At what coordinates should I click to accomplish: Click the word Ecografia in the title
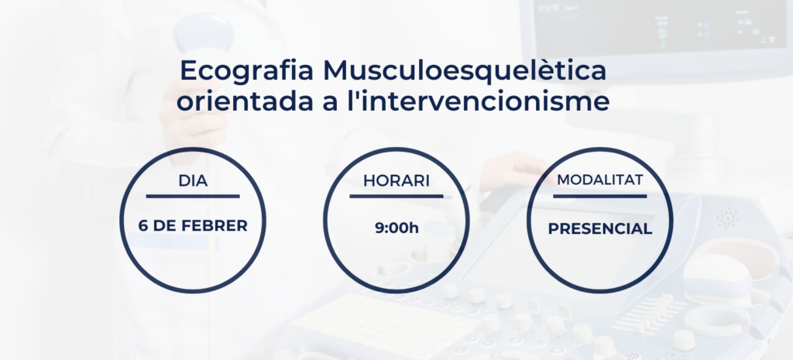[x=247, y=70]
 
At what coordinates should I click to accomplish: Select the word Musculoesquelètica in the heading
[x=465, y=70]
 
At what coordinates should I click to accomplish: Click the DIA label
[x=193, y=181]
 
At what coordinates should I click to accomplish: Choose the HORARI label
[x=396, y=181]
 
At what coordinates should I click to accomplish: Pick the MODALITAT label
[x=600, y=180]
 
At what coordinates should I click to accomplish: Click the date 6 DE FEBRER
[x=193, y=225]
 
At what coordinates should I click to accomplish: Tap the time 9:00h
[x=396, y=228]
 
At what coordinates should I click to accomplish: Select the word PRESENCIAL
[x=600, y=229]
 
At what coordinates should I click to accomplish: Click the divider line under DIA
[x=193, y=196]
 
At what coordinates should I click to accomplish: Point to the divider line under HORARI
[x=396, y=196]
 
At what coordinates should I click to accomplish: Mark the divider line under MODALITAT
[x=600, y=196]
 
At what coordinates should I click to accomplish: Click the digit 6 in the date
[x=142, y=225]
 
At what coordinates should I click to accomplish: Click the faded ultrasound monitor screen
[x=660, y=26]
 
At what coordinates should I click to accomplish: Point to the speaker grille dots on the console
[x=727, y=218]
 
